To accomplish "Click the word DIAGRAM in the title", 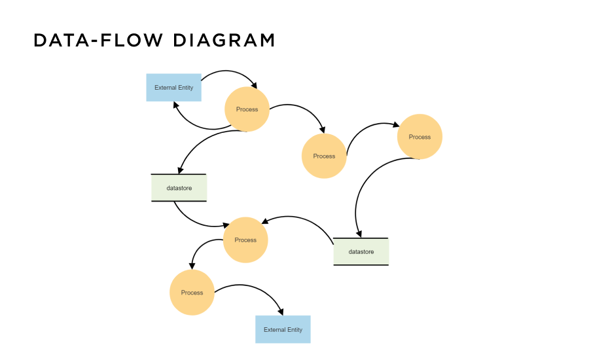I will pos(224,41).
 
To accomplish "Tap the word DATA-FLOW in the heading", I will pos(98,41).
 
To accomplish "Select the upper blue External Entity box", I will pos(173,87).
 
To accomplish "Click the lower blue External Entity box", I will pos(283,329).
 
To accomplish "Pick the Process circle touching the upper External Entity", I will pos(247,109).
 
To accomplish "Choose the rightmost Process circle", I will pos(419,137).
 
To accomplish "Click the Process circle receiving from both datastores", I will pos(245,240).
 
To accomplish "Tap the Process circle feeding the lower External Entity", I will pos(192,293).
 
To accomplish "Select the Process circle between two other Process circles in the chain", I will pos(324,156).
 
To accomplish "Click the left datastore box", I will pos(179,188).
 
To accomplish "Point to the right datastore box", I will pos(361,251).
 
